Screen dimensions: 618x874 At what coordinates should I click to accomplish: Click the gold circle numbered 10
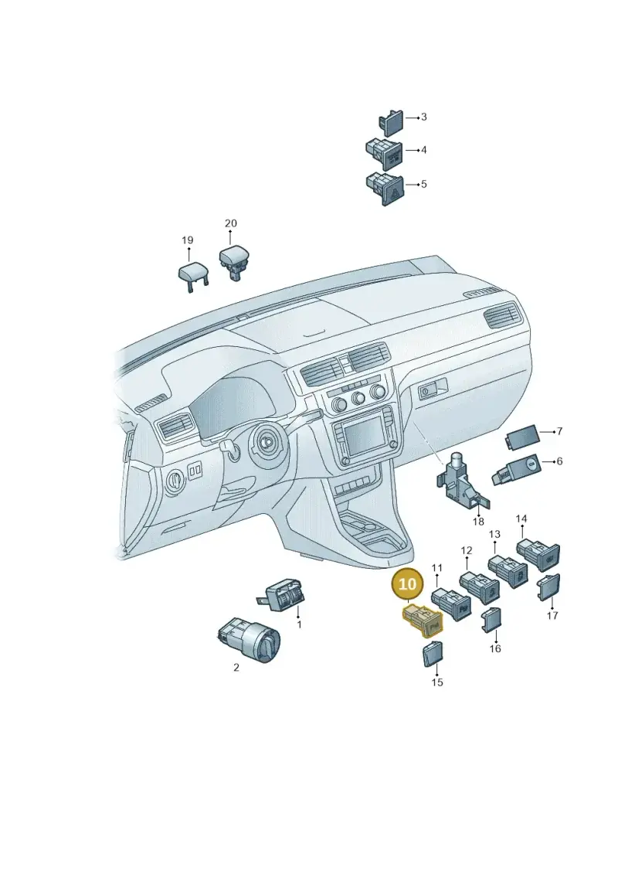[x=407, y=584]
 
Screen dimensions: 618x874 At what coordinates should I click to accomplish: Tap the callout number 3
[x=423, y=117]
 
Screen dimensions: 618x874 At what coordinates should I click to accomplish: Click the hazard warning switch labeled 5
[x=384, y=189]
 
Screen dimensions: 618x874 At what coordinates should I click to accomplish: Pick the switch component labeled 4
[x=384, y=155]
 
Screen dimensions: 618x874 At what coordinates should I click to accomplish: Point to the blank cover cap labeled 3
[x=390, y=123]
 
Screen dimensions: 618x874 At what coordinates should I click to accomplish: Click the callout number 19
[x=187, y=240]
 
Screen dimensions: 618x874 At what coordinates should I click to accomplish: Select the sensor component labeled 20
[x=233, y=262]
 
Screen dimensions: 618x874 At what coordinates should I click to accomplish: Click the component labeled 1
[x=282, y=594]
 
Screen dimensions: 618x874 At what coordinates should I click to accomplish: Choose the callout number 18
[x=478, y=522]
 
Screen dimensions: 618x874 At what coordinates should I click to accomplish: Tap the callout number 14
[x=521, y=519]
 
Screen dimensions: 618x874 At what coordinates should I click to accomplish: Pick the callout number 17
[x=552, y=616]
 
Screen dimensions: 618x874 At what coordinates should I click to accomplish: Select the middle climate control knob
[x=357, y=398]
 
